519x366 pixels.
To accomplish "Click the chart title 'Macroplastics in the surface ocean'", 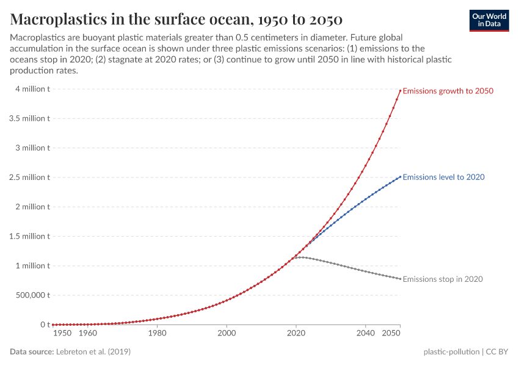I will pyautogui.click(x=176, y=19).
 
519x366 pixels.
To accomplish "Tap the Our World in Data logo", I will pyautogui.click(x=488, y=20).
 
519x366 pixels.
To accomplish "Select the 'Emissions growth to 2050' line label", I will pyautogui.click(x=448, y=91).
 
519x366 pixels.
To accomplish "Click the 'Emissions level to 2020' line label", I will pyautogui.click(x=444, y=177).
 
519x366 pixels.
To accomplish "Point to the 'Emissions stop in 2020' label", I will pyautogui.click(x=443, y=279).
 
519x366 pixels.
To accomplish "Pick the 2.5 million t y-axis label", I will pyautogui.click(x=29, y=178).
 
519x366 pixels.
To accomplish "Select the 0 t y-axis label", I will pyautogui.click(x=43, y=325).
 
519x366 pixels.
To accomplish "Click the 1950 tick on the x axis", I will pyautogui.click(x=62, y=334).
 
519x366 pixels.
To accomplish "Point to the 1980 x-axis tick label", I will pyautogui.click(x=157, y=334).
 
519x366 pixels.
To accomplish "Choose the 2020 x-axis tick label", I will pyautogui.click(x=296, y=334).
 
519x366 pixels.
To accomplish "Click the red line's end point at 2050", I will pyautogui.click(x=400, y=91).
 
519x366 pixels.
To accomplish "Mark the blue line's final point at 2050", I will pyautogui.click(x=400, y=177).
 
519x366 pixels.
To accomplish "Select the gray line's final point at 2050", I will pyautogui.click(x=400, y=279).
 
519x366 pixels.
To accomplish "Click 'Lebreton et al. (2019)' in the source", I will pyautogui.click(x=93, y=352).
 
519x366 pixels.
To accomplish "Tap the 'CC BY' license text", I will pyautogui.click(x=498, y=352).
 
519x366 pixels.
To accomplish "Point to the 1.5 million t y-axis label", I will pyautogui.click(x=29, y=236).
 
